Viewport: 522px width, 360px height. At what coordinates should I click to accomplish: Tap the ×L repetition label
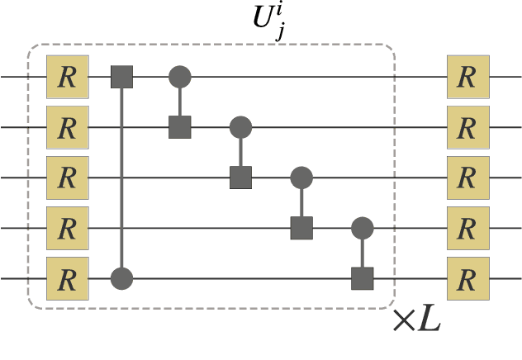coord(417,320)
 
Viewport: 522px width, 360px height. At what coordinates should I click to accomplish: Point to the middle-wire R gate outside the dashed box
coord(467,177)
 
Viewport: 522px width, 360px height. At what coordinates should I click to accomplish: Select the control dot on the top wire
coord(180,77)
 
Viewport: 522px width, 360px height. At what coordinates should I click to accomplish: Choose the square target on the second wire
coord(180,127)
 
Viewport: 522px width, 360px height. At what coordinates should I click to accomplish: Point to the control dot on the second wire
coord(240,127)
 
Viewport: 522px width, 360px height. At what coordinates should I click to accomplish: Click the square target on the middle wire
coord(240,177)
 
